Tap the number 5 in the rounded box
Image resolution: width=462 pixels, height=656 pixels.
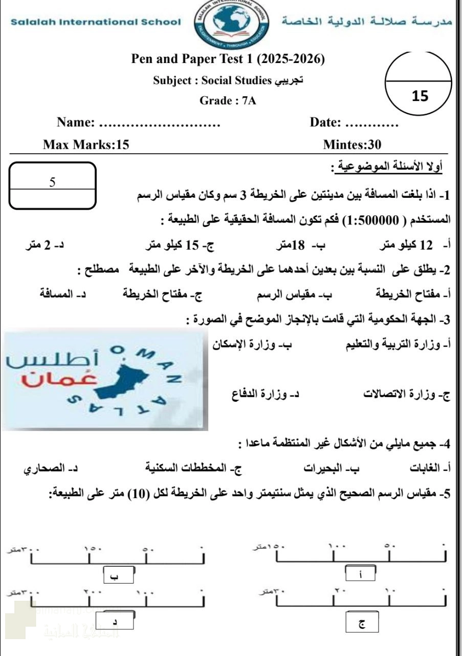[52, 182]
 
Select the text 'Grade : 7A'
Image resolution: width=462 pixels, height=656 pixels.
[228, 101]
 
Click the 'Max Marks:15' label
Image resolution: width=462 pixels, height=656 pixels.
[86, 146]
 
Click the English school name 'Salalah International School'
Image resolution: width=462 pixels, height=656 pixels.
[95, 22]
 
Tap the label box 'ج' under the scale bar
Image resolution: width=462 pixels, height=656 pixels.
[362, 625]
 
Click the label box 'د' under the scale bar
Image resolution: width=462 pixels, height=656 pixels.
[115, 622]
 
